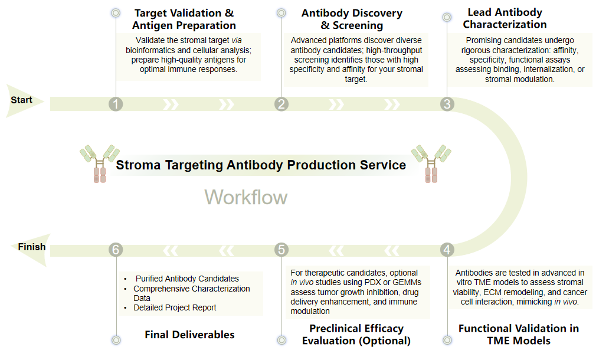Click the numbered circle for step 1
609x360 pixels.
116,104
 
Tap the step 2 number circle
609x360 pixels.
281,104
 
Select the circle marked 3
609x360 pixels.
447,104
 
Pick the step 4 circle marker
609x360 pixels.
447,250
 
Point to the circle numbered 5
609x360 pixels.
281,250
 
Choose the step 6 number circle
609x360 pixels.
116,250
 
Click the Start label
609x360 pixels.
22,100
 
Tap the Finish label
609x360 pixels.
31,247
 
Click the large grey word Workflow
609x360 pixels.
246,197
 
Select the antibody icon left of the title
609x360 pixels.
99,163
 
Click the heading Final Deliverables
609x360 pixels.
189,335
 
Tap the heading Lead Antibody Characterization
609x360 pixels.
505,18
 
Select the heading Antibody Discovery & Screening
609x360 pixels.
352,19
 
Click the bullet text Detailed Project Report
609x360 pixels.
175,307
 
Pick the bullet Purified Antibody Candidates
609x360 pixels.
187,279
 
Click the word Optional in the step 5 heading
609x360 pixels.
385,341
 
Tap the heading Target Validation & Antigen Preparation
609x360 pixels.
184,19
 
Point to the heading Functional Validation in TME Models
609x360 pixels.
518,334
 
